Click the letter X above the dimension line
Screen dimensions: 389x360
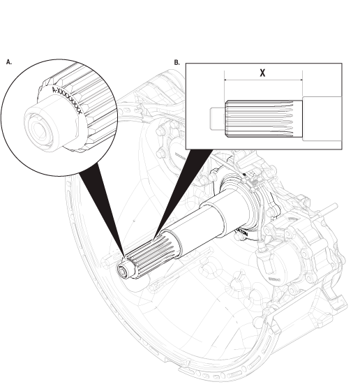point(262,73)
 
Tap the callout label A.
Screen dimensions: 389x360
point(8,62)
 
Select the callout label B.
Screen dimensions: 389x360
point(177,62)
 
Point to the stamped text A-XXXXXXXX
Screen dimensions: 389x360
point(68,101)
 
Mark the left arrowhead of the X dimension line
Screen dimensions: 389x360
point(227,80)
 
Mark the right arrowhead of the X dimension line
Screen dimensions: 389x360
point(300,80)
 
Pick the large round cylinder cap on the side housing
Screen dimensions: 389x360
point(272,263)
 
